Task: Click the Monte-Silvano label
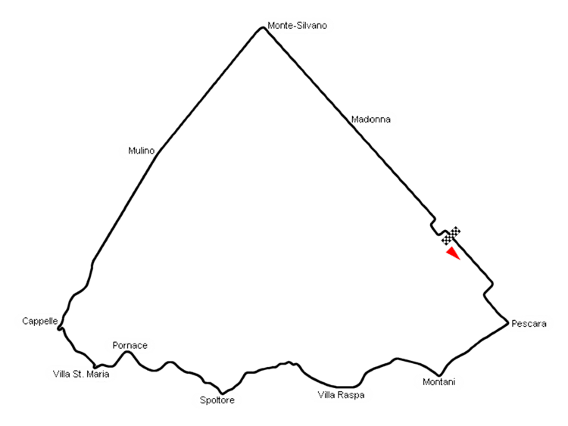click(296, 25)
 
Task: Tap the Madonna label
click(370, 119)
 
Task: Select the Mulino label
click(140, 151)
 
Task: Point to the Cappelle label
click(39, 322)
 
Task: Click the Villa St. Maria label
click(81, 374)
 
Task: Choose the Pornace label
click(130, 346)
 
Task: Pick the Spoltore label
click(217, 400)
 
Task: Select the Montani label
click(438, 382)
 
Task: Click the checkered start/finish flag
click(451, 235)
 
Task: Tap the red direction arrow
click(453, 253)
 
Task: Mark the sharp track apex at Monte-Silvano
click(261, 28)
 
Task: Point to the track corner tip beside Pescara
click(505, 323)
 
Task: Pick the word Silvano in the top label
click(311, 25)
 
